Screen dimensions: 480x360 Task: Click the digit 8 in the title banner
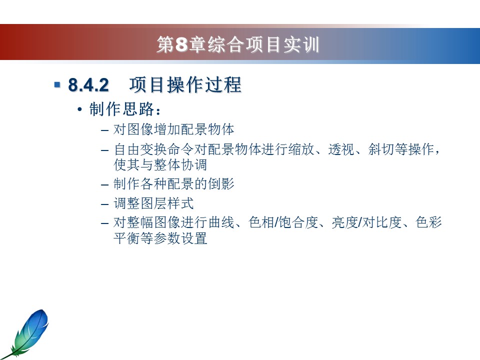click(x=181, y=44)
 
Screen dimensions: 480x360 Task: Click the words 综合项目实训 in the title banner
click(x=263, y=44)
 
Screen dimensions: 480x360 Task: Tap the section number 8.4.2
click(x=88, y=85)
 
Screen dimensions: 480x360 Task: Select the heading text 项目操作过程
click(x=185, y=85)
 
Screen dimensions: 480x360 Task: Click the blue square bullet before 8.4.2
click(x=57, y=84)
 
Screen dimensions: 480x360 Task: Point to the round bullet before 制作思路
click(x=79, y=109)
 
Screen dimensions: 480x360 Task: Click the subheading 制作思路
click(x=121, y=109)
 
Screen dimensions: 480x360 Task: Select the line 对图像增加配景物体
click(x=173, y=129)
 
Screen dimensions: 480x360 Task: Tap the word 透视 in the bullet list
click(x=341, y=149)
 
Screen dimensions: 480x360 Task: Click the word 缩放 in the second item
click(x=301, y=149)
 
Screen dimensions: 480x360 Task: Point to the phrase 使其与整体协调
click(x=160, y=165)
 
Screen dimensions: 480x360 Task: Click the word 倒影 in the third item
click(x=221, y=184)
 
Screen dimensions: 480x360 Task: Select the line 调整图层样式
click(x=153, y=203)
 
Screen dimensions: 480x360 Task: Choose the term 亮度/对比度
click(x=366, y=222)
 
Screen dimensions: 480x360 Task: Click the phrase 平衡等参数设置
click(x=160, y=238)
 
